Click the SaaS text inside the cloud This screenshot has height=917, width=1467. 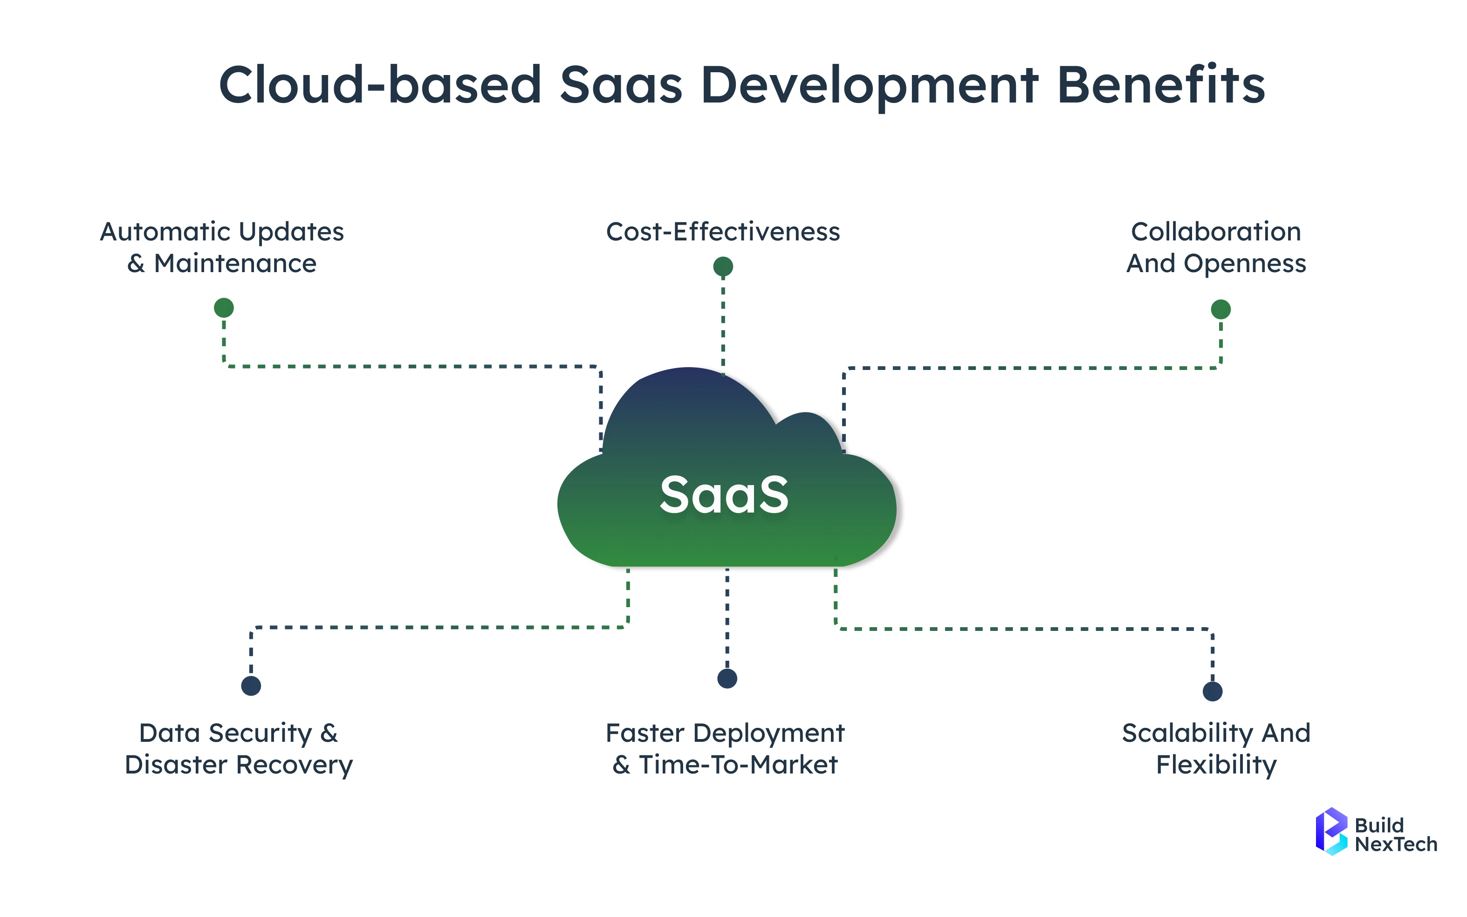(724, 495)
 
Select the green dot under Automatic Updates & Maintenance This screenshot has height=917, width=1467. (224, 308)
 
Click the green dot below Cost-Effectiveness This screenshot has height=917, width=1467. (723, 266)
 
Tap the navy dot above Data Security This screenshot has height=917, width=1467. (251, 685)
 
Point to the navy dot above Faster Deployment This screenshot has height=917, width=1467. (727, 678)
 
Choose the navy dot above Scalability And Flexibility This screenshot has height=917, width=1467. (1212, 691)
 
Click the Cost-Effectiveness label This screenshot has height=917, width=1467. (723, 232)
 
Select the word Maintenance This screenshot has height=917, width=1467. (235, 264)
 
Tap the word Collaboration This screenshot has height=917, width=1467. (1216, 232)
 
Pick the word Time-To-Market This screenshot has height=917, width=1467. (738, 765)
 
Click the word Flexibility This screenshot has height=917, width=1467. (1216, 765)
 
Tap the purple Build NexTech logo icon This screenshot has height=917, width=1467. (1330, 831)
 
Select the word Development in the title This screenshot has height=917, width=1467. (869, 85)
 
